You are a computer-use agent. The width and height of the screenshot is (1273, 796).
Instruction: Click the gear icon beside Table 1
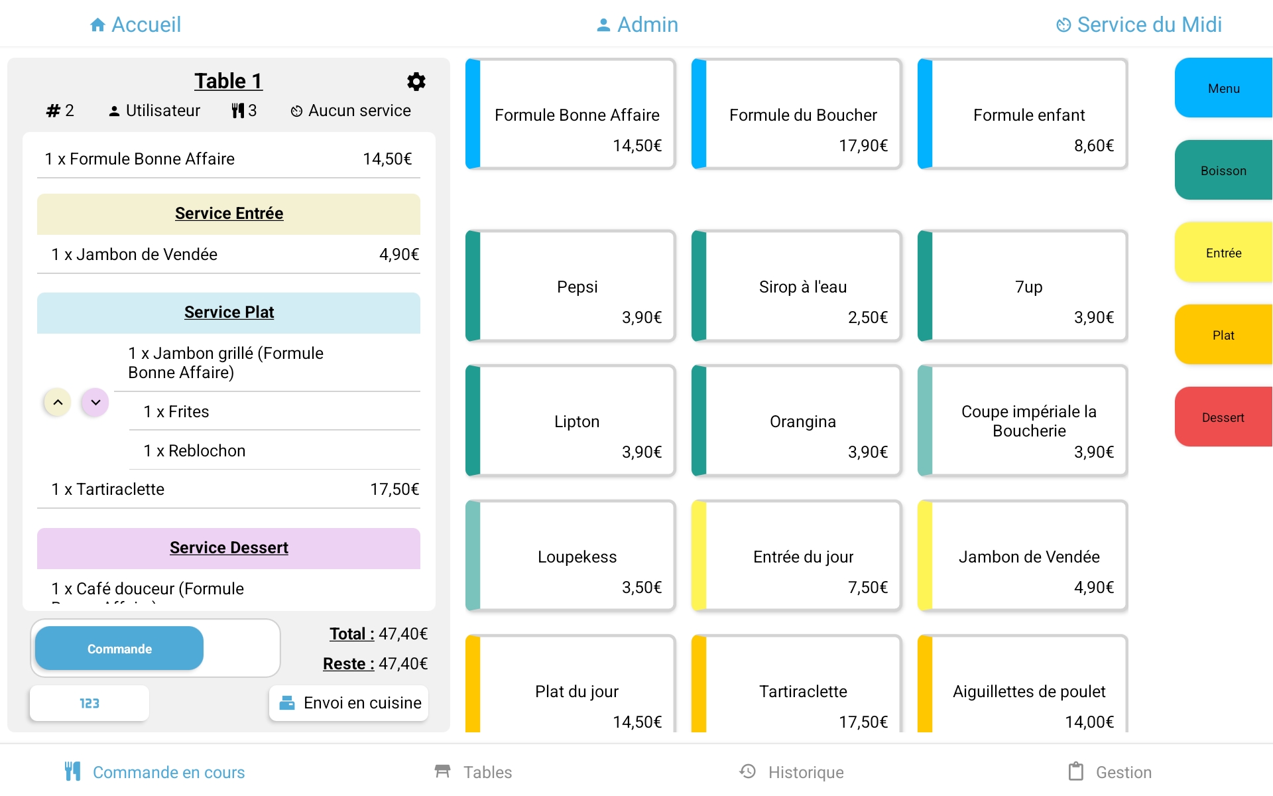tap(416, 82)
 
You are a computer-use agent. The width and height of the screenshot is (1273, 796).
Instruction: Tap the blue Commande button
tap(119, 648)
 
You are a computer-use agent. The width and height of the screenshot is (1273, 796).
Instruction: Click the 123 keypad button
tap(90, 703)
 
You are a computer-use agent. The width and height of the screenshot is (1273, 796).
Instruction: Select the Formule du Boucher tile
tap(796, 114)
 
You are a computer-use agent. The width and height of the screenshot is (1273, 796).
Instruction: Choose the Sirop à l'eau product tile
tap(796, 286)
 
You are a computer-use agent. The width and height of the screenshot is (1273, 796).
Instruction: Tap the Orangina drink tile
tap(796, 421)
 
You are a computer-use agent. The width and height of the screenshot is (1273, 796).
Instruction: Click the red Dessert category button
tap(1223, 417)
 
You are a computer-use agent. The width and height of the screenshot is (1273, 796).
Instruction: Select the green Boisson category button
tap(1223, 170)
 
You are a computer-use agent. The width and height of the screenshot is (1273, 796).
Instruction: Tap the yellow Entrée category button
tap(1223, 252)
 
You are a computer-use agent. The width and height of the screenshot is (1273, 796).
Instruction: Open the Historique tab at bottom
tap(792, 771)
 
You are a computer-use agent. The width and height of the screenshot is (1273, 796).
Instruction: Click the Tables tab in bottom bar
tap(473, 771)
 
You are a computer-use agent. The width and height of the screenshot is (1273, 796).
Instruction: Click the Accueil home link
tap(135, 25)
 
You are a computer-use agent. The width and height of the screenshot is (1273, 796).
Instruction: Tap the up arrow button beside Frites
tap(58, 402)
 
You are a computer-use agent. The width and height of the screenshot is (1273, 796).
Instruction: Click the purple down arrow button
tap(95, 402)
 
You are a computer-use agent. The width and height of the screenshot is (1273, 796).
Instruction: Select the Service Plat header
tap(229, 312)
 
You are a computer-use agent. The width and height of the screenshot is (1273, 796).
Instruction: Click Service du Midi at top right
tap(1138, 25)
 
